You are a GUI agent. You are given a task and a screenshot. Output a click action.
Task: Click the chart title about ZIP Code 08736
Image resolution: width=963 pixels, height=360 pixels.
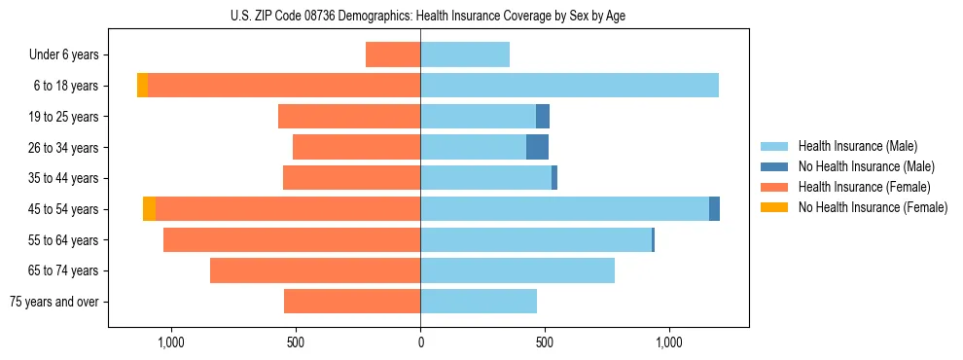(x=428, y=16)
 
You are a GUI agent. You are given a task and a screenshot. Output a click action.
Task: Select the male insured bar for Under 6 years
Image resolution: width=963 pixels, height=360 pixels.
(x=465, y=54)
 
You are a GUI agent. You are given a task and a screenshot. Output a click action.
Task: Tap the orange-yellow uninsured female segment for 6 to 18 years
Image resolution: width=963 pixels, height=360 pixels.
(x=142, y=86)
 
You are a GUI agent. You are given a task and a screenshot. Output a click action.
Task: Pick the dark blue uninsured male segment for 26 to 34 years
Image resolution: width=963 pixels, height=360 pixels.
(x=537, y=147)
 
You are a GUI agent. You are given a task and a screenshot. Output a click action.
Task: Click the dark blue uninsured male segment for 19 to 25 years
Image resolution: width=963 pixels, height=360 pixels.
(x=543, y=117)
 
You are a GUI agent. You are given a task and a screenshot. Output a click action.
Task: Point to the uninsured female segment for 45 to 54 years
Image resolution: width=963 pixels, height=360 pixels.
(x=149, y=209)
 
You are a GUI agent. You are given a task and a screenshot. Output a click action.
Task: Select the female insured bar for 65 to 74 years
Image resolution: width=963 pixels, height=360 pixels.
(x=315, y=270)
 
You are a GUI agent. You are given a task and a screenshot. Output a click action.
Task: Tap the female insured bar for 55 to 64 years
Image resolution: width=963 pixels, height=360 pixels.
(x=292, y=239)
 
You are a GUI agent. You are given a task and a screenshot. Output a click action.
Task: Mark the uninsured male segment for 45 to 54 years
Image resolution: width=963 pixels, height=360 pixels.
(x=714, y=209)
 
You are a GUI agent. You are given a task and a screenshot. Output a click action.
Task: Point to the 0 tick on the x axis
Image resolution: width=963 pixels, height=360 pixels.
(x=420, y=342)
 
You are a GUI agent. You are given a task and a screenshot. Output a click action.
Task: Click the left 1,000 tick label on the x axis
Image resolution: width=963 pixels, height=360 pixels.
(x=171, y=342)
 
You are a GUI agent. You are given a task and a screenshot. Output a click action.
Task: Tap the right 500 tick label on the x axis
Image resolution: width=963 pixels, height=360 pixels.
(x=545, y=342)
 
